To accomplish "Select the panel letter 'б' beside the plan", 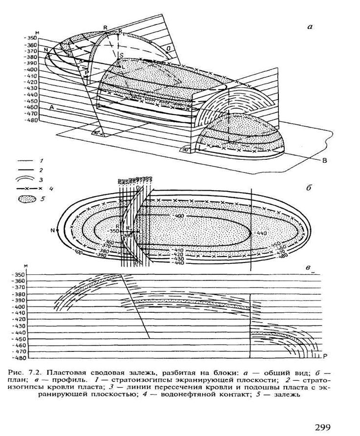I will (310, 187).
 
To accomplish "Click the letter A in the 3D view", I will (51, 106).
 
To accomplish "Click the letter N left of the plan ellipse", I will (52, 229).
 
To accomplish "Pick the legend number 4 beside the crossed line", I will (50, 188).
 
